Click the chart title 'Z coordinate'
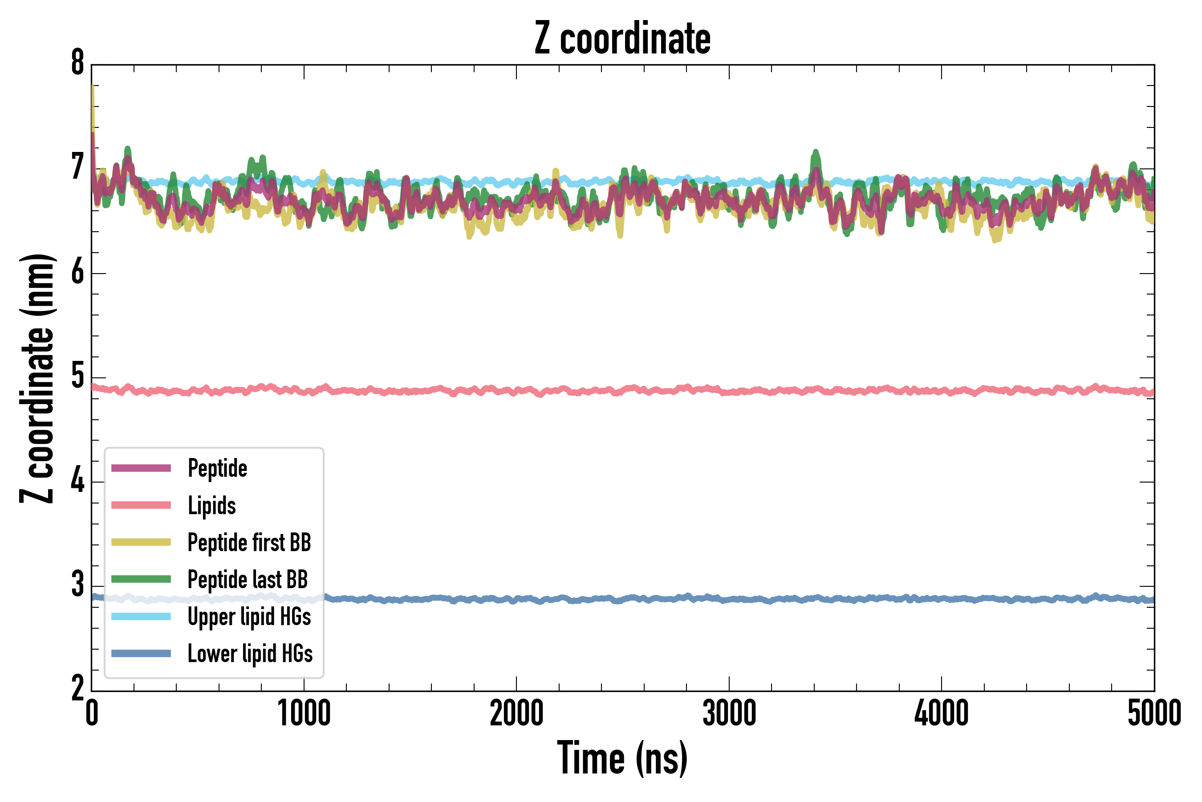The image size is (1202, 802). [622, 38]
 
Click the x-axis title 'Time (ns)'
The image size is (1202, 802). [622, 758]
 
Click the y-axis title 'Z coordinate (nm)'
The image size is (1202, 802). [37, 378]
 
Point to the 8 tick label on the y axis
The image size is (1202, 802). [77, 63]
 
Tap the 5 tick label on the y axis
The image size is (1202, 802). [77, 376]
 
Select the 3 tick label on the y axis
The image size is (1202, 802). [77, 585]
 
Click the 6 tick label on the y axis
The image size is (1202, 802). [77, 272]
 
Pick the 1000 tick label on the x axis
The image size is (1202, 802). [304, 713]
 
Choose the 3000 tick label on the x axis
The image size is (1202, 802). [729, 713]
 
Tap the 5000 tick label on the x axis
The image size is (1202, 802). [1154, 713]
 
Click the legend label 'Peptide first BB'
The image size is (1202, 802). [249, 542]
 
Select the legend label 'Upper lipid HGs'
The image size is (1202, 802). [249, 616]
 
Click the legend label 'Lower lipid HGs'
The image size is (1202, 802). [250, 654]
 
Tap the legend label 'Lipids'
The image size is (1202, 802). [212, 505]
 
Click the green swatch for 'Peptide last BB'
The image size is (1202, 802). [141, 579]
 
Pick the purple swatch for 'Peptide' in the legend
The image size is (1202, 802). [141, 468]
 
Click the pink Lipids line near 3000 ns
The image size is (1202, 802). [729, 392]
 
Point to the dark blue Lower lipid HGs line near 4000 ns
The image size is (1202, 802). [942, 599]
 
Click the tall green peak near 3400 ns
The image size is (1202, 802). [815, 153]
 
